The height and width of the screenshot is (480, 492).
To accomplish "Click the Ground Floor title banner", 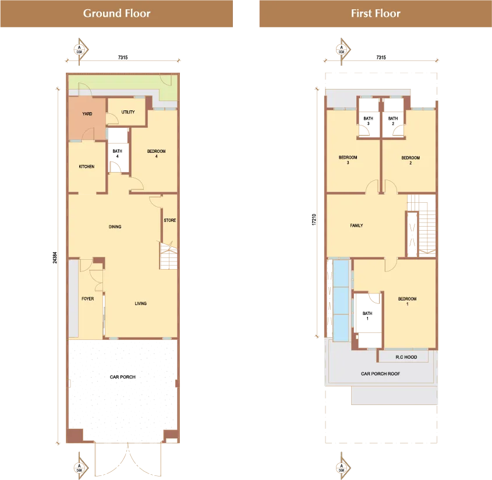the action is pyautogui.click(x=116, y=13).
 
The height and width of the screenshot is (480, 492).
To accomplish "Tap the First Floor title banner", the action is pyautogui.click(x=376, y=13).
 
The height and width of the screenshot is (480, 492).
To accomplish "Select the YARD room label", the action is pyautogui.click(x=87, y=114).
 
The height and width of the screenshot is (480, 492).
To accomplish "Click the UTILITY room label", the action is pyautogui.click(x=128, y=112).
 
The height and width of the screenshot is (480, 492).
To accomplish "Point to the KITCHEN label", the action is pyautogui.click(x=87, y=167).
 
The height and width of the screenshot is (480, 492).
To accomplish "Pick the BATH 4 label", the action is pyautogui.click(x=118, y=153).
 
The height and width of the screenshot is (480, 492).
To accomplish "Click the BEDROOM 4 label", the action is pyautogui.click(x=156, y=153).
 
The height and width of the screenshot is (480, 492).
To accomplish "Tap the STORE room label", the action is pyautogui.click(x=170, y=220).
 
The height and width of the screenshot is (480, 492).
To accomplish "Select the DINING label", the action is pyautogui.click(x=115, y=227).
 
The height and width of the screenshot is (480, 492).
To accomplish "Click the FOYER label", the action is pyautogui.click(x=87, y=299).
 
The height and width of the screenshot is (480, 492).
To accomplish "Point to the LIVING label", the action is pyautogui.click(x=140, y=303).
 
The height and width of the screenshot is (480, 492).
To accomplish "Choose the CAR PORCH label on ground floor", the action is pyautogui.click(x=123, y=377).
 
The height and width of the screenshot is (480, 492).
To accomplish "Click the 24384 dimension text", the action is pyautogui.click(x=55, y=257).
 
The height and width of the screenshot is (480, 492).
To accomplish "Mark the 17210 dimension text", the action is pyautogui.click(x=314, y=220).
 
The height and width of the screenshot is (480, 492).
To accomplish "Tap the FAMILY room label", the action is pyautogui.click(x=356, y=225).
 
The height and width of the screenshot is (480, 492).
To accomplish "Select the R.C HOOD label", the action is pyautogui.click(x=406, y=357).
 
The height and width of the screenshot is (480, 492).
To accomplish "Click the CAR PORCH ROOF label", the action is pyautogui.click(x=380, y=374).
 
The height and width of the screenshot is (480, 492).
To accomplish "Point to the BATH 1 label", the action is pyautogui.click(x=367, y=316).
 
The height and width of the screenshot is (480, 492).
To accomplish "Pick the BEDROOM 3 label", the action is pyautogui.click(x=348, y=160).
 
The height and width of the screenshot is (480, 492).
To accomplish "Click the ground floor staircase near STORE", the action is pyautogui.click(x=168, y=256).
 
